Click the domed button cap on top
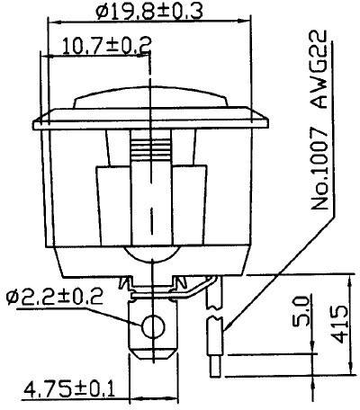pyautogui.click(x=149, y=99)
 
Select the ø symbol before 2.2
pyautogui.click(x=13, y=297)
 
